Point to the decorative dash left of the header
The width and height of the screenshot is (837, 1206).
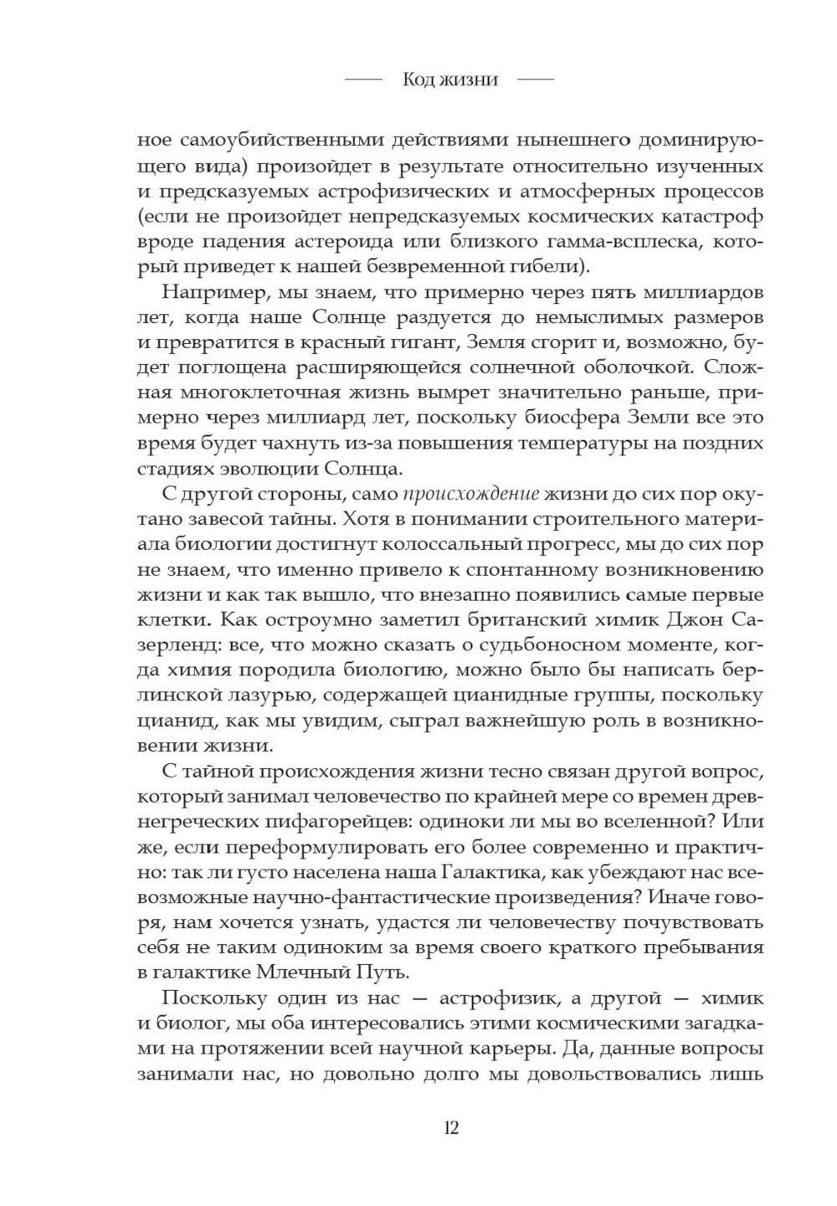pos(362,80)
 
